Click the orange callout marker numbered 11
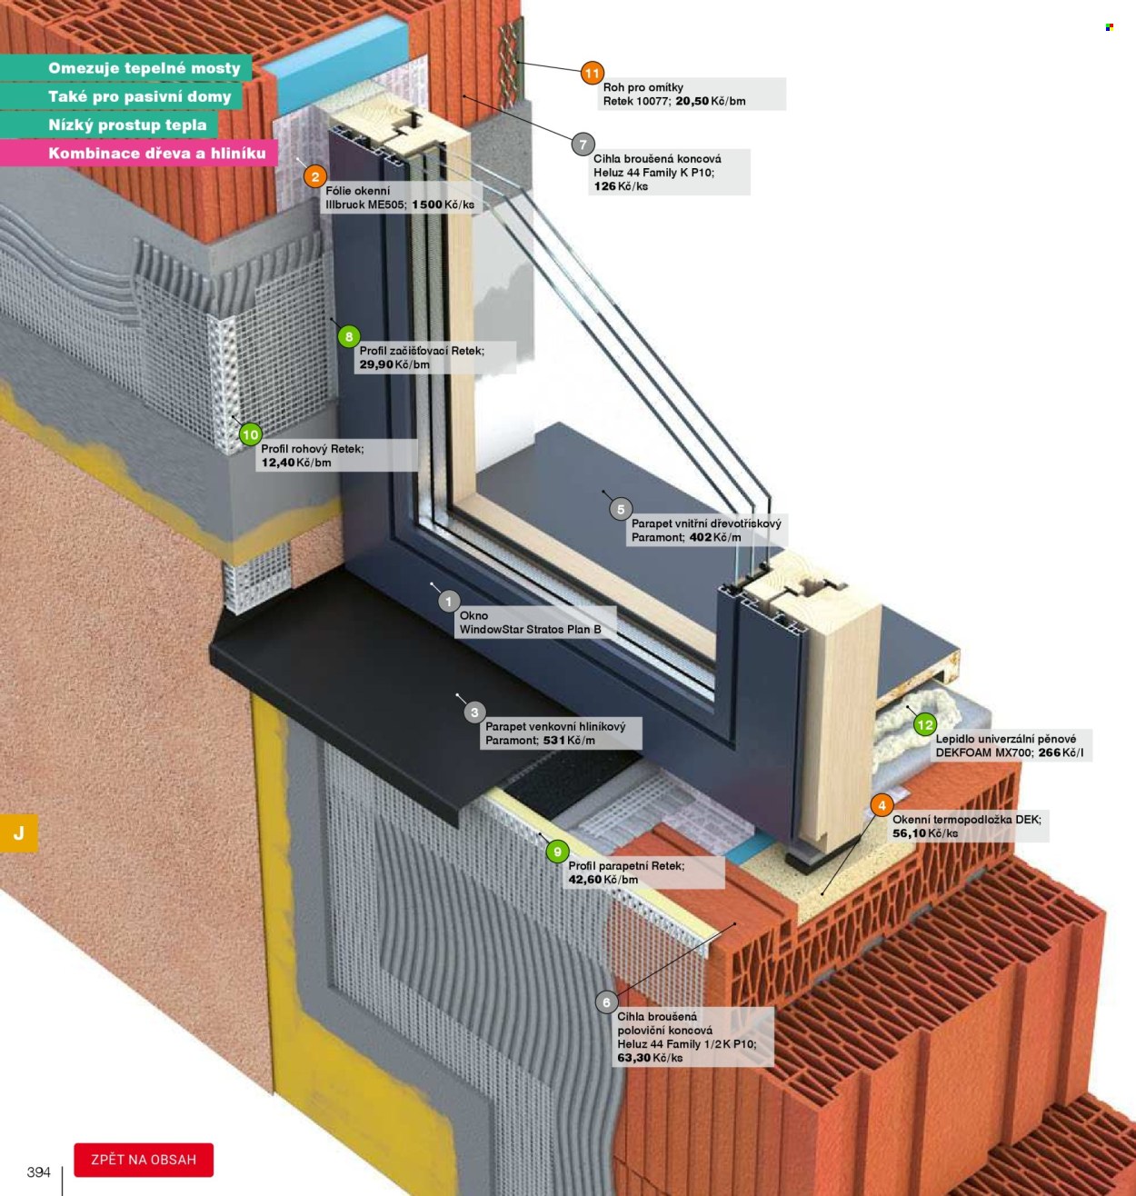tap(592, 74)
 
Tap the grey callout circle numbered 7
tap(583, 145)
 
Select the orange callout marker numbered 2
tap(314, 177)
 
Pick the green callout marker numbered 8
tap(349, 336)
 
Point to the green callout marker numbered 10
tap(250, 434)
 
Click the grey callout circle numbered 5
tap(621, 509)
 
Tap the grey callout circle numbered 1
tap(449, 602)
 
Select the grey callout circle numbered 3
tap(474, 712)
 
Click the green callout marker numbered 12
tap(925, 724)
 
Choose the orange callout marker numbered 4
tap(882, 805)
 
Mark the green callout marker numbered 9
tap(557, 852)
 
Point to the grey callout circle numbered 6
tap(607, 1002)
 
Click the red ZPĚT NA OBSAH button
tap(144, 1160)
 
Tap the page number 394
tap(38, 1171)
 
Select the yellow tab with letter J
tap(18, 832)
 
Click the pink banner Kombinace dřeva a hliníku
tap(139, 153)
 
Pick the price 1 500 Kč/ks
tap(443, 204)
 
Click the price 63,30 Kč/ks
tap(651, 1058)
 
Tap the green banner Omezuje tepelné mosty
tap(125, 67)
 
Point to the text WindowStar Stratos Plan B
tap(530, 629)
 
